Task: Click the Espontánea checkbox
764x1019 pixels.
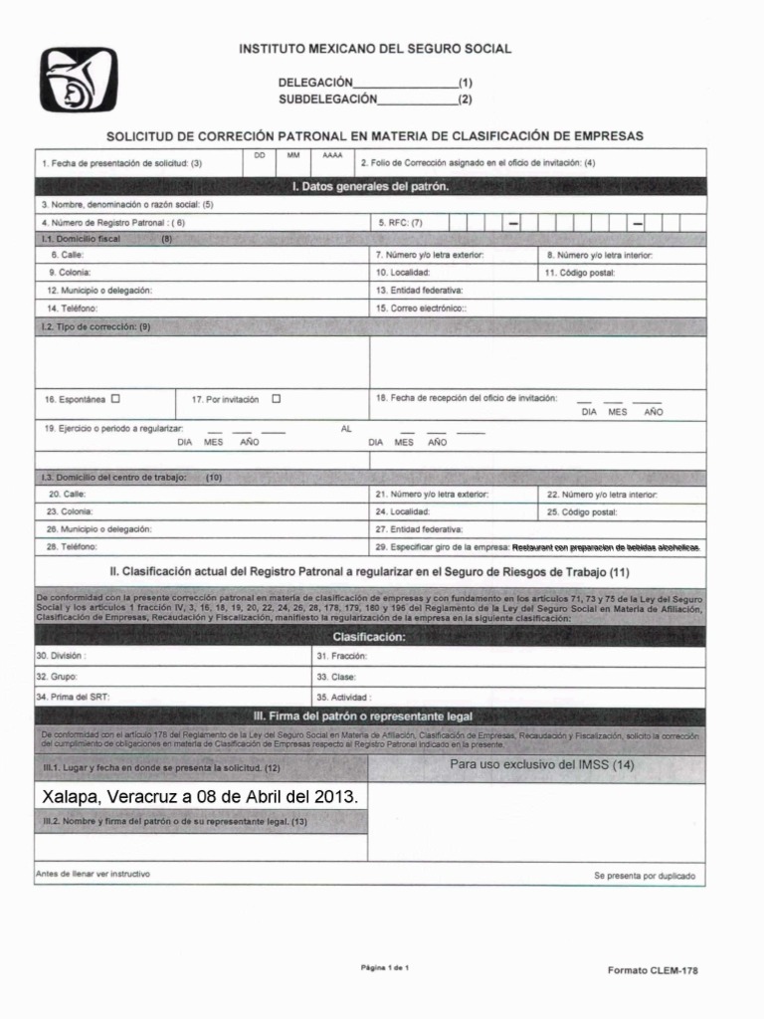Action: pyautogui.click(x=115, y=398)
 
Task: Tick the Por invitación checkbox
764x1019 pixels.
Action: pyautogui.click(x=277, y=398)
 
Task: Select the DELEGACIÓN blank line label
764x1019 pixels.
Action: pyautogui.click(x=315, y=82)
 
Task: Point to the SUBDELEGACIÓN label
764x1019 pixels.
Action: pyautogui.click(x=328, y=99)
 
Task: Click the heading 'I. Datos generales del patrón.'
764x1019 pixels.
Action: pyautogui.click(x=370, y=186)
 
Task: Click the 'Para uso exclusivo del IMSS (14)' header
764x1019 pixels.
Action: pyautogui.click(x=541, y=765)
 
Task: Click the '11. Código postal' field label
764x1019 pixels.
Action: pyautogui.click(x=580, y=272)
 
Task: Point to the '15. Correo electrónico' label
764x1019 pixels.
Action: pyautogui.click(x=422, y=308)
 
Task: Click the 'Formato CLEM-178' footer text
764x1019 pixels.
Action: pyautogui.click(x=653, y=970)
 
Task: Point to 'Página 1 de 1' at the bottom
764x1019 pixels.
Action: pyautogui.click(x=384, y=967)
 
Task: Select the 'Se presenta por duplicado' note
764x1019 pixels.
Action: pyautogui.click(x=645, y=876)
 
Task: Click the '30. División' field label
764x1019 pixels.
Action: pyautogui.click(x=61, y=657)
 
